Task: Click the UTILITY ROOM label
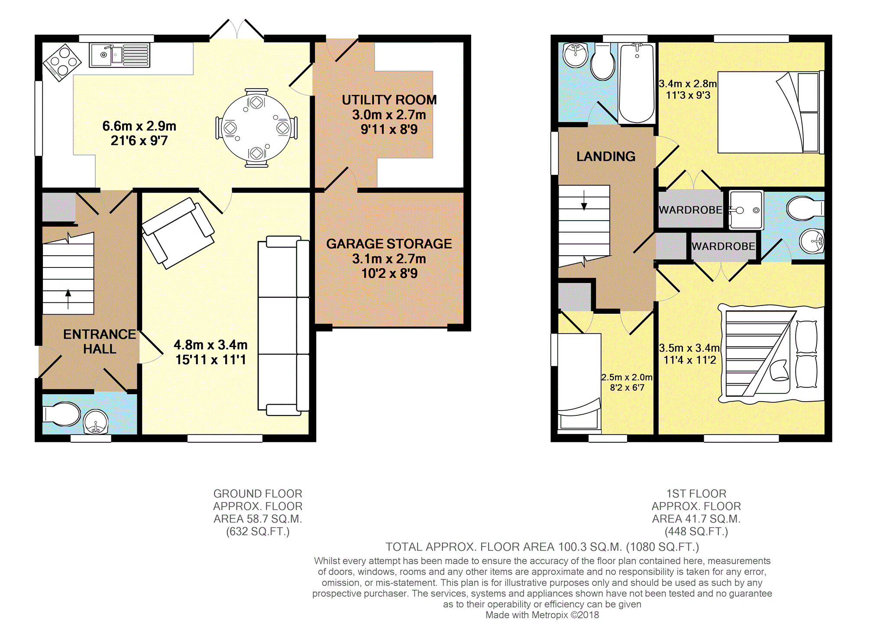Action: click(x=389, y=100)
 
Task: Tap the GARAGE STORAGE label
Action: click(x=389, y=244)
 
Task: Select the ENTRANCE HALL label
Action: click(x=100, y=341)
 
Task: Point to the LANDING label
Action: click(x=606, y=156)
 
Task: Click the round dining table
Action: click(x=256, y=128)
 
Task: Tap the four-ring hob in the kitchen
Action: click(x=62, y=62)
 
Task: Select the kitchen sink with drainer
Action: click(x=120, y=55)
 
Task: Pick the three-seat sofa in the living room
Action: click(x=284, y=325)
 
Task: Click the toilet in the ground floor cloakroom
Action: click(x=61, y=414)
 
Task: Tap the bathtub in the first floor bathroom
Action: click(x=637, y=83)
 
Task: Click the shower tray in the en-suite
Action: click(x=746, y=210)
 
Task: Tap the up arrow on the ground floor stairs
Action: click(x=68, y=299)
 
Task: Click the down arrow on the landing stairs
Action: click(x=584, y=200)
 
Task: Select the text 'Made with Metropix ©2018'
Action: click(x=542, y=615)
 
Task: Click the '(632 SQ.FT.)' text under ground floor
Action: click(x=258, y=531)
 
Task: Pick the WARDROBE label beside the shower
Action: click(x=690, y=210)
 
